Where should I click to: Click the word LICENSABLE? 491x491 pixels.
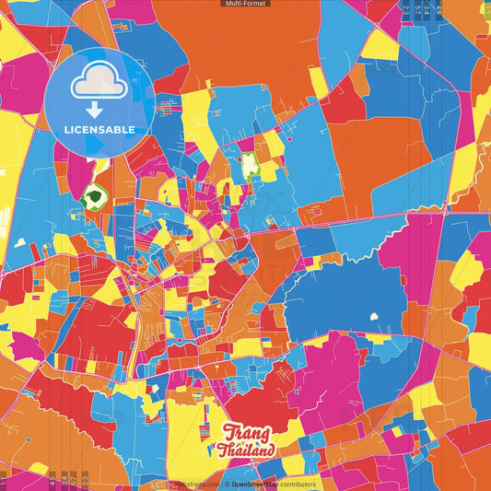click(99, 130)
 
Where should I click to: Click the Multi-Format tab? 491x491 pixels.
click(246, 4)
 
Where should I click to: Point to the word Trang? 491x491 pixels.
click(247, 433)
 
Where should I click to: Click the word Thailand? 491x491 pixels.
click(246, 451)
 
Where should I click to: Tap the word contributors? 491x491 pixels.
click(296, 484)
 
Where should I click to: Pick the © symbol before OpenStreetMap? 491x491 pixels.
click(227, 484)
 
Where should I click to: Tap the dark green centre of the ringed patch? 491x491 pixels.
click(93, 196)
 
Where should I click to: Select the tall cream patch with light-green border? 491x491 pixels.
click(248, 167)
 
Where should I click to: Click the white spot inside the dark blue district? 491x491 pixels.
click(375, 318)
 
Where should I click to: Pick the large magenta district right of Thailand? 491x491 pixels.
click(322, 387)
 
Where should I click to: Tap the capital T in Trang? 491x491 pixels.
click(228, 432)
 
